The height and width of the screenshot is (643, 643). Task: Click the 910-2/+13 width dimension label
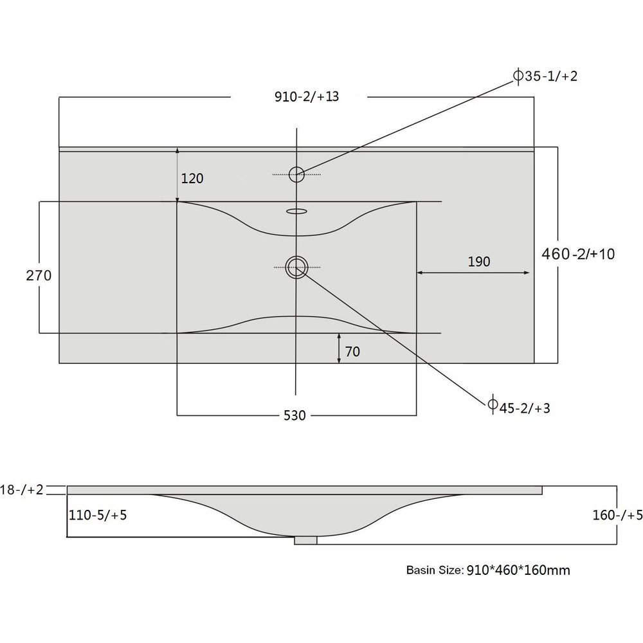pos(307,97)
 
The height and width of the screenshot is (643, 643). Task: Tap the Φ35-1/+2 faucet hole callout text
pos(545,76)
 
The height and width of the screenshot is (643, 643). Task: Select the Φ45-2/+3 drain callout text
pos(519,408)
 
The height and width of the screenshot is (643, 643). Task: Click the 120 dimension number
pos(192,178)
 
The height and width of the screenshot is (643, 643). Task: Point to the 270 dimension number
pos(39,276)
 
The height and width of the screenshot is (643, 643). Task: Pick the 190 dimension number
pos(479,262)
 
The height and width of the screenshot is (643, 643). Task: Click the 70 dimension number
pos(352,352)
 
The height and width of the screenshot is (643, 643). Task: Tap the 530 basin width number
pos(295,416)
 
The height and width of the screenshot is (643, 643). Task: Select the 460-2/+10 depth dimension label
pos(578,254)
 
